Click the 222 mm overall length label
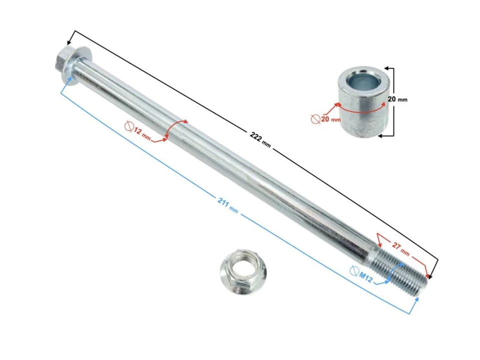click(x=260, y=140)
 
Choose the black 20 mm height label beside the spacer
click(x=397, y=99)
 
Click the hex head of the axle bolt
click(x=65, y=63)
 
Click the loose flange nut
click(x=243, y=271)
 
